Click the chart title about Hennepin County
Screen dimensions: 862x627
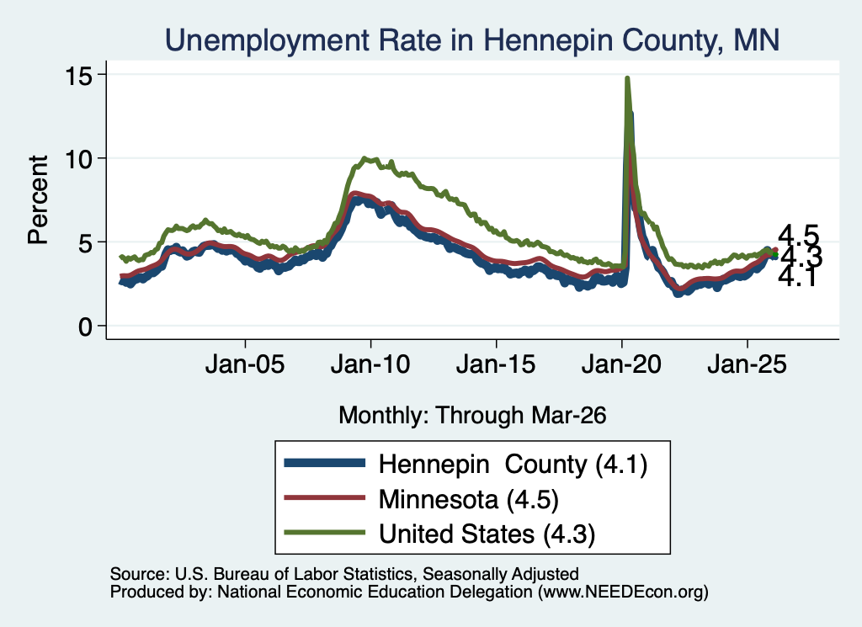tap(471, 40)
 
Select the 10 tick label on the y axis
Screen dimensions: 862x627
tap(78, 159)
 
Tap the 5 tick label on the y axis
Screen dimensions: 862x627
tap(85, 242)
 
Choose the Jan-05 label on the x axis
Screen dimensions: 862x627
tap(245, 364)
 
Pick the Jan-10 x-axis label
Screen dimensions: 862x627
tap(370, 364)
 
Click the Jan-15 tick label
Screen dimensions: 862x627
tap(496, 364)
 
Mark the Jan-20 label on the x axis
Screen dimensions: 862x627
tap(621, 364)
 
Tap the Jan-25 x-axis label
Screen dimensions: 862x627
tap(748, 364)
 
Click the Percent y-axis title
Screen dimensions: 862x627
tap(38, 199)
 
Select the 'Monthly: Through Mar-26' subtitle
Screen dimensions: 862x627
tap(472, 416)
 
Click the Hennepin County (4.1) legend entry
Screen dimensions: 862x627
tap(513, 465)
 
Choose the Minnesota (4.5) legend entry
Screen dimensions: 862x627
tap(468, 500)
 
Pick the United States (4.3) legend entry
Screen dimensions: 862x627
tap(487, 534)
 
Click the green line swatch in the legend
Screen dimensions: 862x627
tap(324, 532)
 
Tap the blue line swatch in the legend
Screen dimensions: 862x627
tap(324, 463)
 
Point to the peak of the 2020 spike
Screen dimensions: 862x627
tap(627, 78)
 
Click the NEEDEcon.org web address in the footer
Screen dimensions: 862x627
tap(623, 592)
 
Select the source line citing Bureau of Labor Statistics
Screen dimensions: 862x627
tap(344, 574)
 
